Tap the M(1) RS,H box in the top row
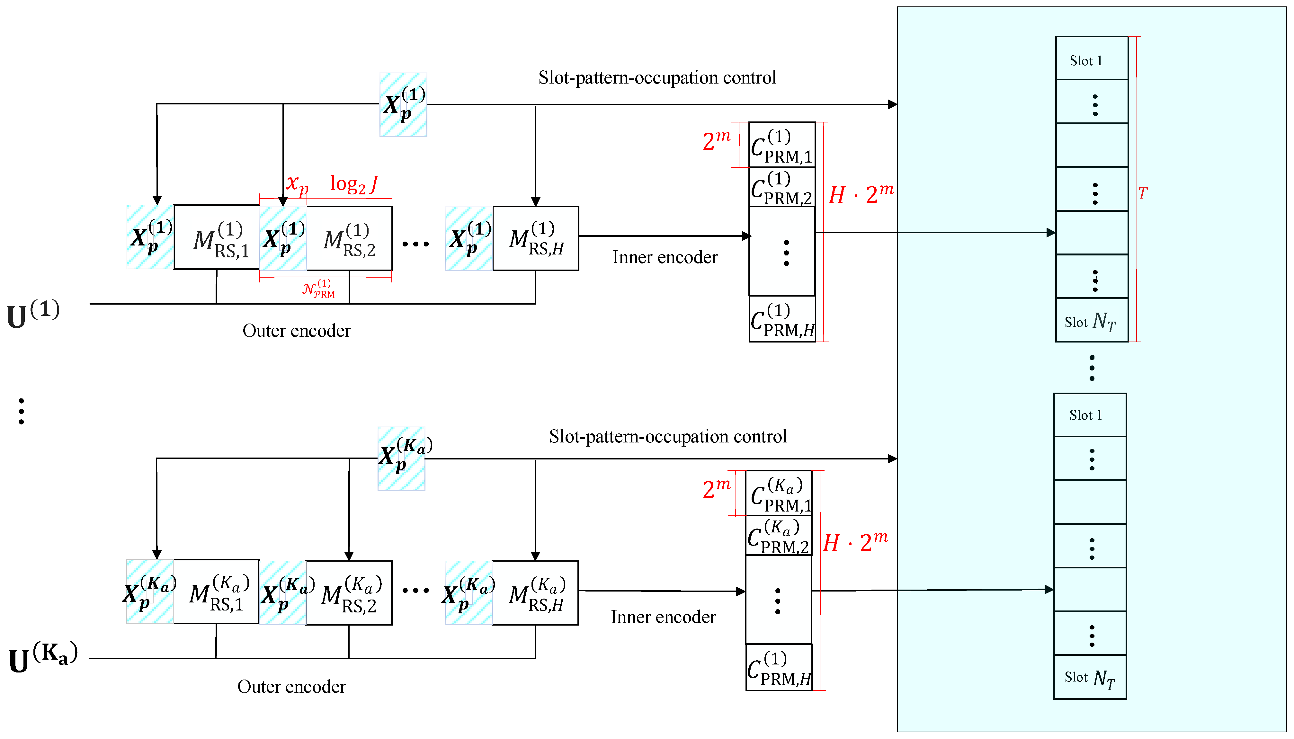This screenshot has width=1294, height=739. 536,238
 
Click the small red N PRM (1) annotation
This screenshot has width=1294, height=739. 319,288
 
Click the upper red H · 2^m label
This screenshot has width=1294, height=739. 861,194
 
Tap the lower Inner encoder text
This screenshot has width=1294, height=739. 663,617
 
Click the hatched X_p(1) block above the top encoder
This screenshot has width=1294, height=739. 403,104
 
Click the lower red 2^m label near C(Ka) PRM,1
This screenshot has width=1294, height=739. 716,488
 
